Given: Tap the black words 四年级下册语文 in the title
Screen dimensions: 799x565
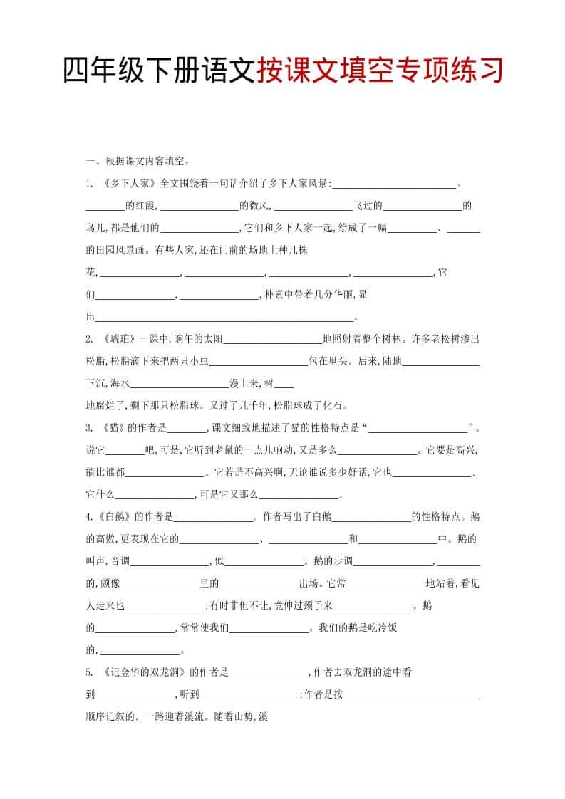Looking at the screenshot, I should pyautogui.click(x=158, y=71).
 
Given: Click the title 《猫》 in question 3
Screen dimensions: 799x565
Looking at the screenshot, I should pyautogui.click(x=114, y=428).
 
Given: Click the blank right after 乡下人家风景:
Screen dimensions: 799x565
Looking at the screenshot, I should pyautogui.click(x=394, y=185).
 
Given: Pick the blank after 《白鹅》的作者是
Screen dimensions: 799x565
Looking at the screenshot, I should pyautogui.click(x=214, y=518).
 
